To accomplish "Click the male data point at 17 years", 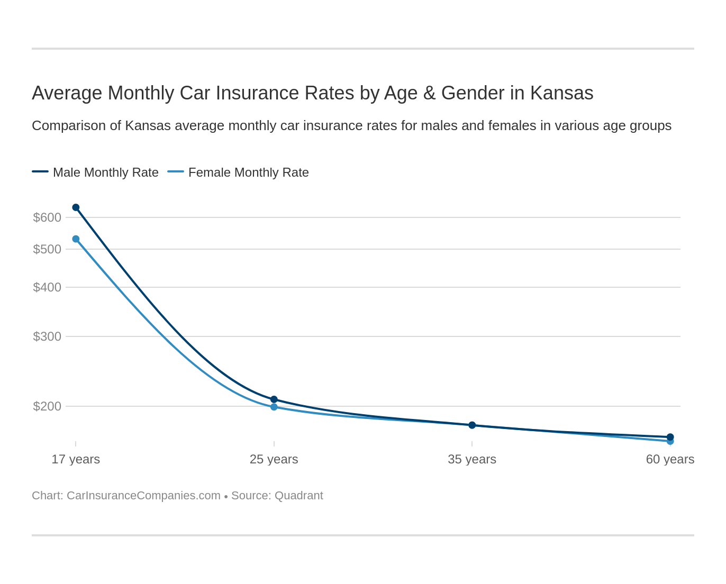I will (76, 207).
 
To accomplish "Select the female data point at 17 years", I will (76, 239).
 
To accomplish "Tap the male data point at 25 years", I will (274, 399).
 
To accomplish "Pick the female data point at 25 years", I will (274, 407).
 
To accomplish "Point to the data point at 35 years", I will (472, 425).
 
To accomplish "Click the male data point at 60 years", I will (670, 437).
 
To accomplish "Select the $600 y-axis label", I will (47, 217).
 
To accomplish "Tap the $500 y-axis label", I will (47, 249).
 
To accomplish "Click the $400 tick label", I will (47, 287).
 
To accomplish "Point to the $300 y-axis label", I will (47, 336).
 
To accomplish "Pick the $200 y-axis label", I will (47, 406).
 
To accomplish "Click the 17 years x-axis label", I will (76, 459).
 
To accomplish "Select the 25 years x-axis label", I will (274, 459).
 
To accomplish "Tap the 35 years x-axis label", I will (472, 459).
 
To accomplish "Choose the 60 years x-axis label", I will (670, 459).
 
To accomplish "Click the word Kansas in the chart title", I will (561, 93).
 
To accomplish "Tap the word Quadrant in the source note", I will (299, 496).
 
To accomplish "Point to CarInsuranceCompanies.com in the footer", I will (143, 496).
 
